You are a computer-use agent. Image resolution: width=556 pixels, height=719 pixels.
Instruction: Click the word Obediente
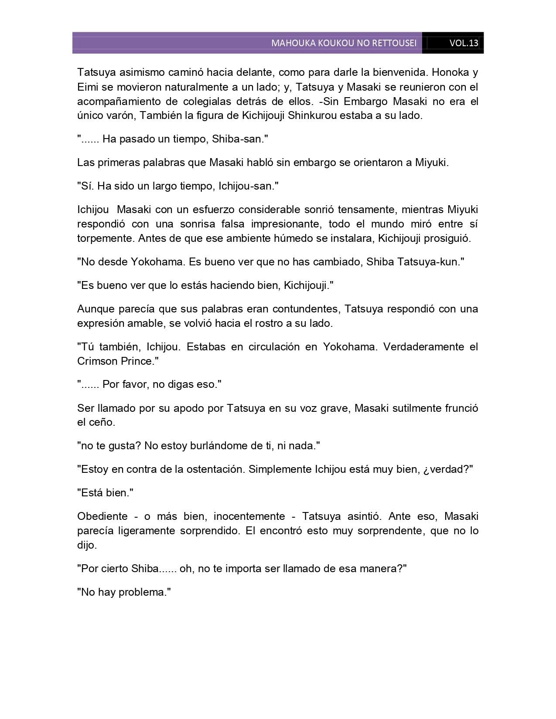click(x=102, y=516)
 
